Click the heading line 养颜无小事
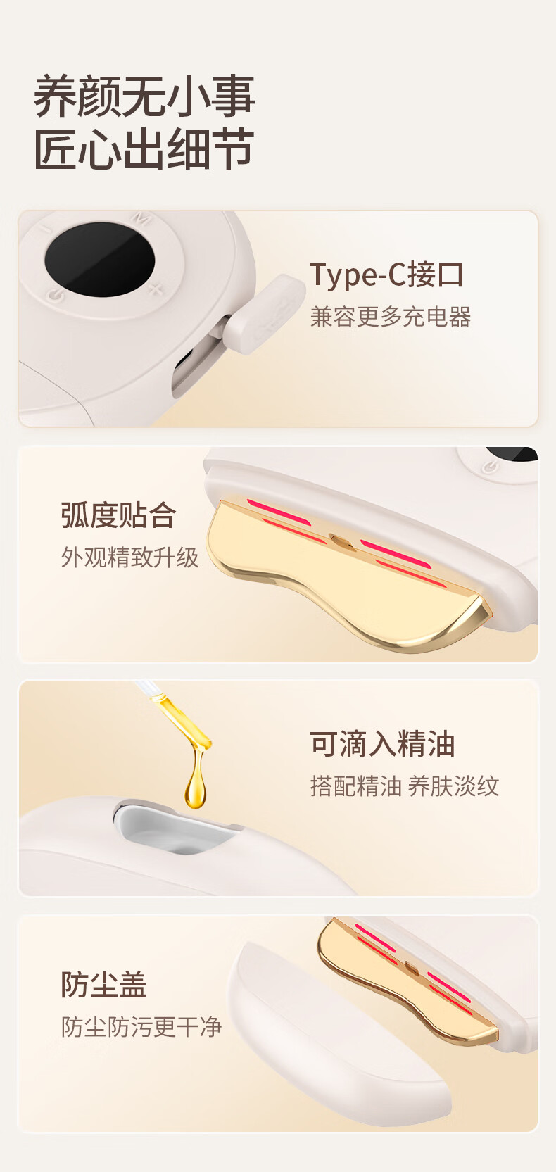click(144, 96)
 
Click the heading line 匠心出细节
click(144, 149)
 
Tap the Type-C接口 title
click(386, 275)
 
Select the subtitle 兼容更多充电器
click(391, 317)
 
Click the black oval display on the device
click(99, 260)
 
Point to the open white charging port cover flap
click(264, 312)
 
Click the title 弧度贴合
click(119, 515)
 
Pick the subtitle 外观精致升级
click(129, 557)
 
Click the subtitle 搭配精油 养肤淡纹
click(404, 786)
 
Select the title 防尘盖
click(104, 984)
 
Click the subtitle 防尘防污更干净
click(141, 1026)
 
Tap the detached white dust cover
click(335, 1038)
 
